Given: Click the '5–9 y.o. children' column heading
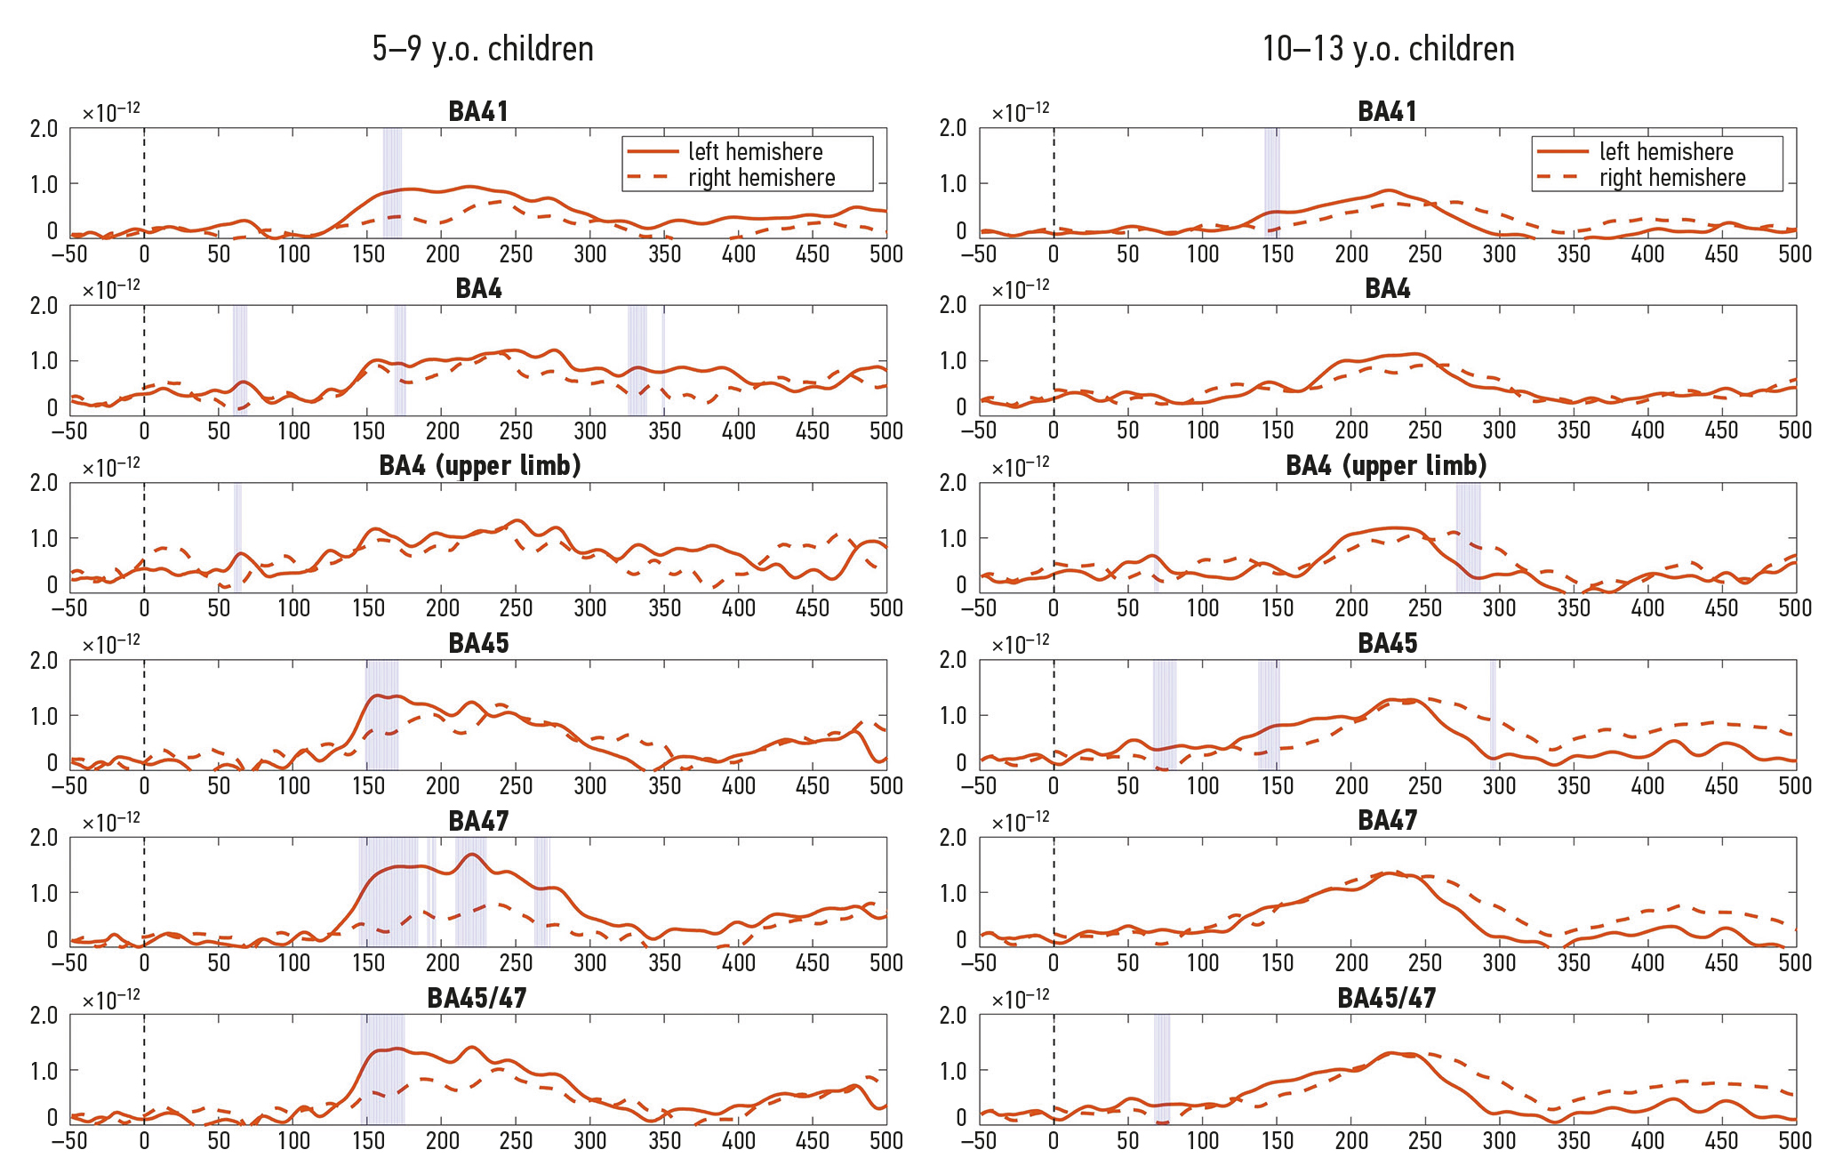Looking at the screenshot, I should [483, 49].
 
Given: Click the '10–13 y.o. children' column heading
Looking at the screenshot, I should [1388, 49].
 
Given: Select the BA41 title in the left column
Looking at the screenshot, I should [478, 112].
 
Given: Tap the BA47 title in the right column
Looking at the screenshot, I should [1387, 820].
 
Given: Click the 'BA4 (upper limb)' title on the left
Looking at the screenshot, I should [479, 466].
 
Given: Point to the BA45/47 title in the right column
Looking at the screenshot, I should [1386, 998].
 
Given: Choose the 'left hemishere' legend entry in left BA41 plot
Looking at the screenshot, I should [755, 152].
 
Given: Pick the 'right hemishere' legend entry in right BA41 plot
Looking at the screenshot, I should [1671, 178].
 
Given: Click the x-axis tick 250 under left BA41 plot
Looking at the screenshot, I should [517, 254].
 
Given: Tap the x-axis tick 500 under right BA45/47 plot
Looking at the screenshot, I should [1795, 1140].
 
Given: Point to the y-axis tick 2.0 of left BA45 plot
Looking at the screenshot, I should [44, 661].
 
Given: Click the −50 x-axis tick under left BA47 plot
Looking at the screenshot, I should [69, 963].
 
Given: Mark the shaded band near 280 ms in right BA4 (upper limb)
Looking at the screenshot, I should [1468, 538].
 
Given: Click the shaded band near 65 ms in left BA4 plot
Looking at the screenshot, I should [240, 360].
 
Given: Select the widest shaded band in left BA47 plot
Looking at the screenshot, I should [389, 891].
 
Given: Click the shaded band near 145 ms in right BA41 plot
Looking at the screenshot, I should [1272, 182].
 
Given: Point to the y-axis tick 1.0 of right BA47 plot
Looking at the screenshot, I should [953, 894].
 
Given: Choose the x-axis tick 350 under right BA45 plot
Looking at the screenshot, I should [1574, 786].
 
